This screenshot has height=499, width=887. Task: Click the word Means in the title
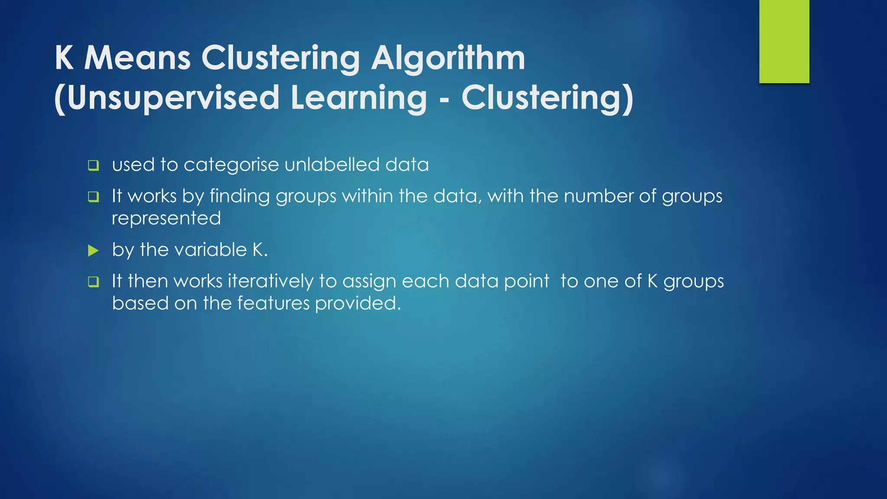[x=137, y=58]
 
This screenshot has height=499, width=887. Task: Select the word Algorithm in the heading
[x=448, y=59]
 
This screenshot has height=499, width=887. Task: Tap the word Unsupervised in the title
[x=173, y=98]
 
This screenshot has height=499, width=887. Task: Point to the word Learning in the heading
[x=359, y=98]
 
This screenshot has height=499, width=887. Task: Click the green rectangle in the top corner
[x=784, y=42]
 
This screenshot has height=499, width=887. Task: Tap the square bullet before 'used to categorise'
[x=94, y=165]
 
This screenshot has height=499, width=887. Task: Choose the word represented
[x=166, y=218]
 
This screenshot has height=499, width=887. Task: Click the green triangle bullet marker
[x=93, y=250]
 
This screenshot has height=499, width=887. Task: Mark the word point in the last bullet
[x=527, y=282]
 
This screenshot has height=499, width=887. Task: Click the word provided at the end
[x=358, y=304]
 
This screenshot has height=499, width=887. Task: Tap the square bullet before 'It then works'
[x=94, y=282]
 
